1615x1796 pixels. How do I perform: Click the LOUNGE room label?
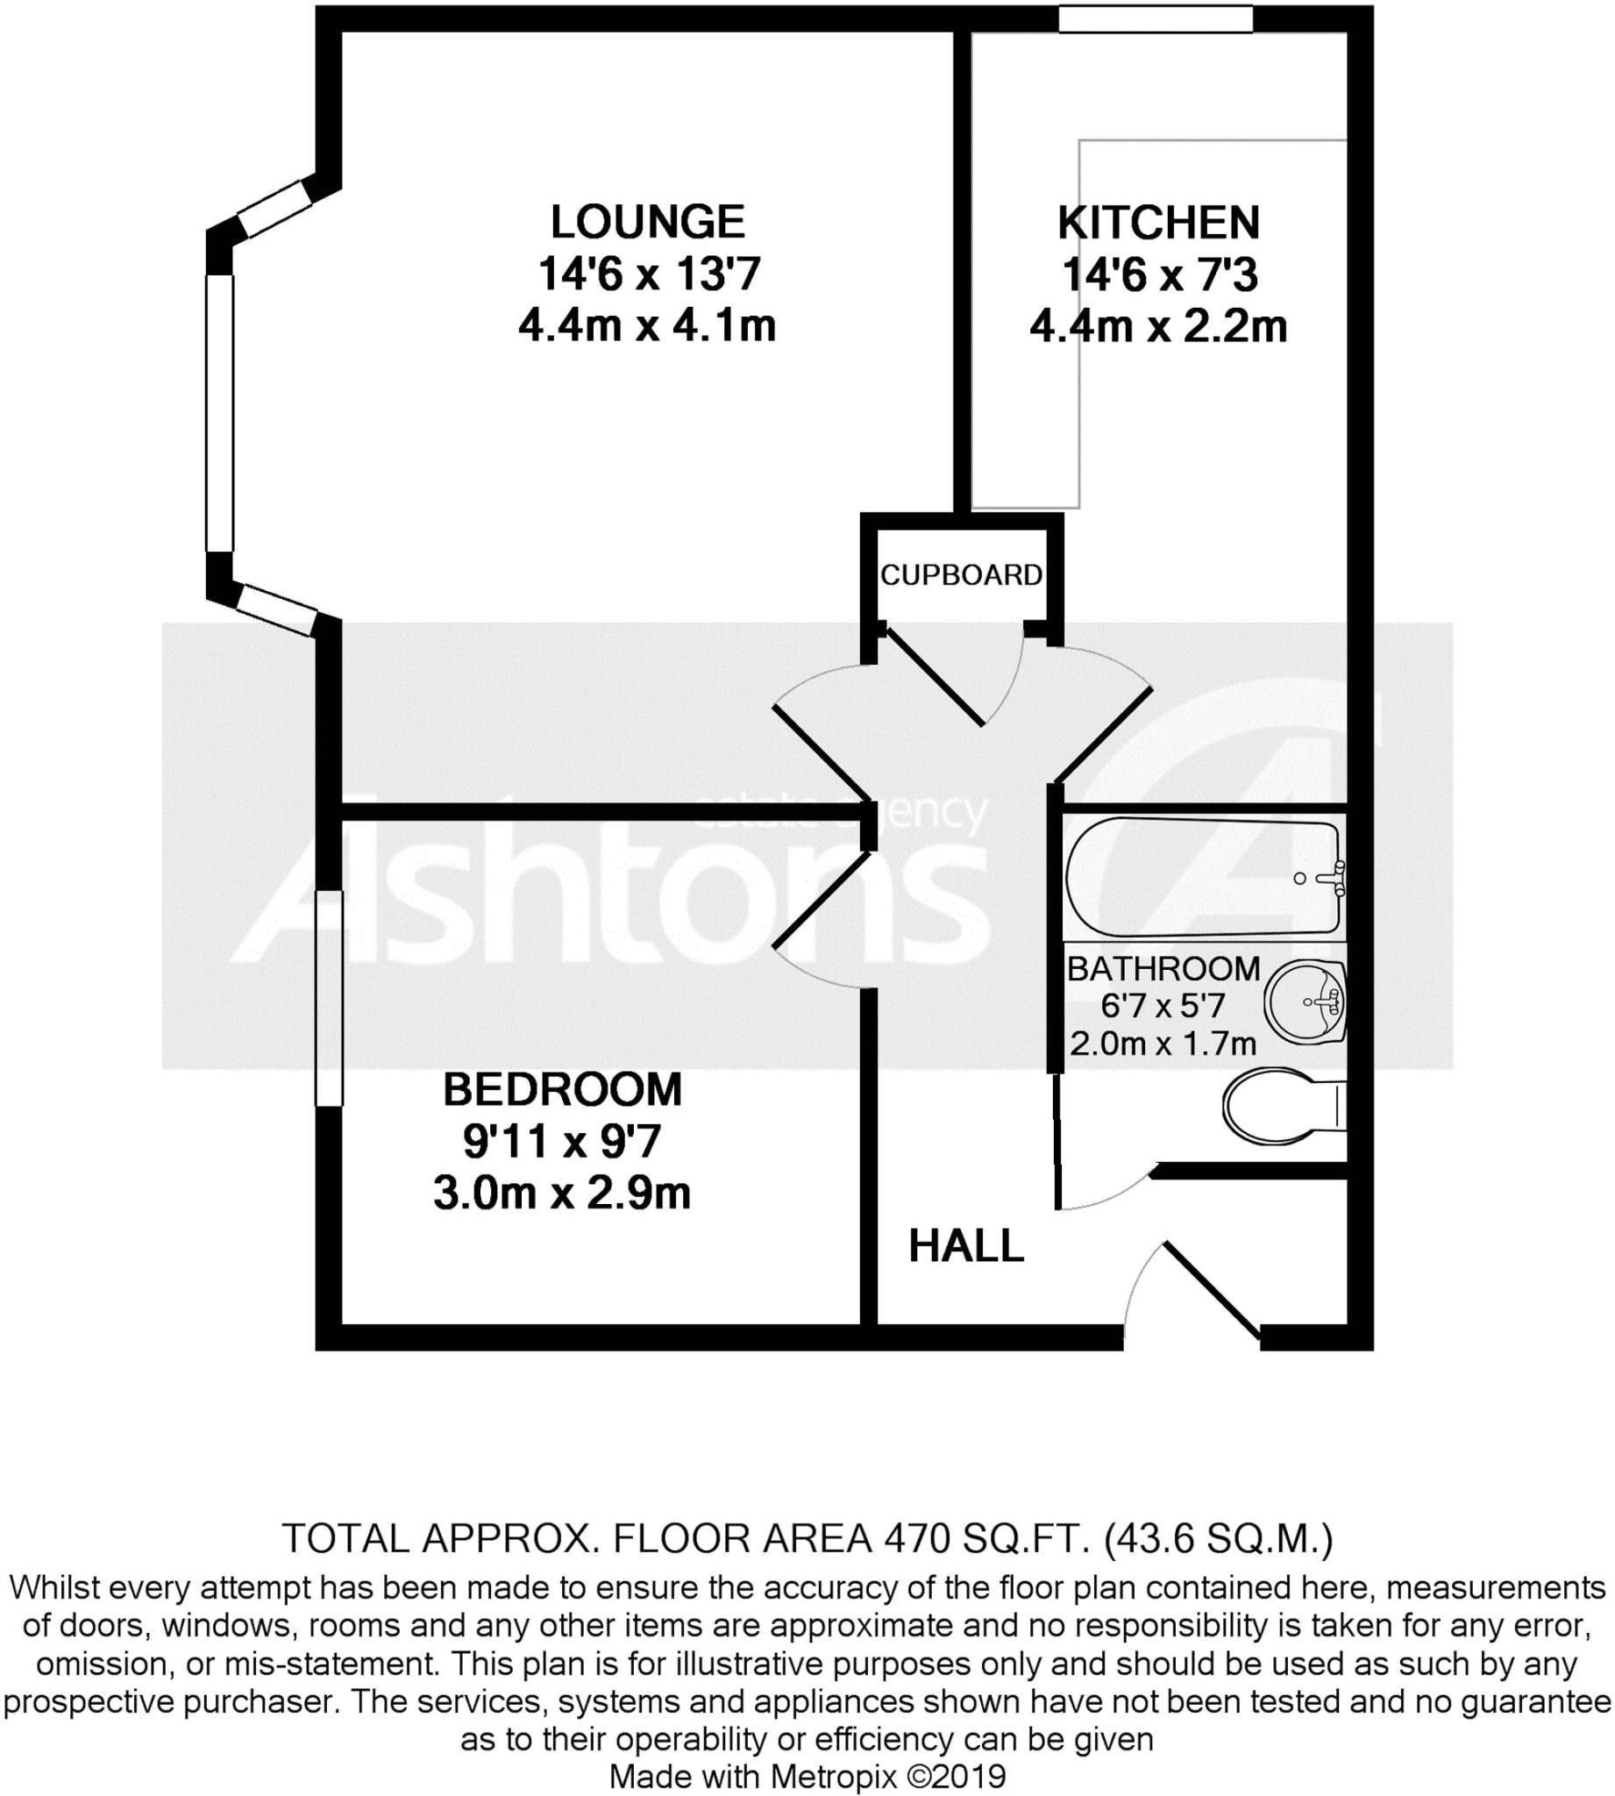point(647,222)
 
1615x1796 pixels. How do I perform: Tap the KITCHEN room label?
point(1158,223)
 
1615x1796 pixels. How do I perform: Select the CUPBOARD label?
point(961,575)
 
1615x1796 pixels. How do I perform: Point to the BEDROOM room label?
point(563,1090)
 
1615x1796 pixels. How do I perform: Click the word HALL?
point(966,1247)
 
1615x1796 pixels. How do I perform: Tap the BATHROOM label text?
point(1163,968)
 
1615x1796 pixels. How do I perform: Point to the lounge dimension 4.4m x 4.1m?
point(647,325)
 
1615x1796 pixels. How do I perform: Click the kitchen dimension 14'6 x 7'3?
point(1159,275)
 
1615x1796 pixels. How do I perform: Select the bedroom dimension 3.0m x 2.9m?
point(562,1194)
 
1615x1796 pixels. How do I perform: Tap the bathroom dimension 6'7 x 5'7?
point(1163,1006)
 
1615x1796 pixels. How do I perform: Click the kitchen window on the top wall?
point(1156,19)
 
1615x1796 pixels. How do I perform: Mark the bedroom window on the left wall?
point(329,998)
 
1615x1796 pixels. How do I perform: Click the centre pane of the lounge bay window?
point(219,413)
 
